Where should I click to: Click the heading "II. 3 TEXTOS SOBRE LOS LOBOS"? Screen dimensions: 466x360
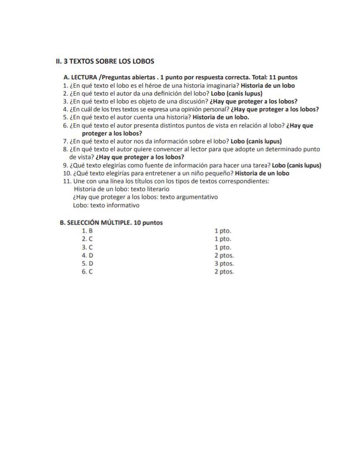click(105, 61)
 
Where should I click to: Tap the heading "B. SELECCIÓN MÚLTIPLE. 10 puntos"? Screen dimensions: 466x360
click(111, 223)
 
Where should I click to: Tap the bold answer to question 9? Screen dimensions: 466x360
click(296, 165)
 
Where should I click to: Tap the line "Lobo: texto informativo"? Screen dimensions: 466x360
click(106, 205)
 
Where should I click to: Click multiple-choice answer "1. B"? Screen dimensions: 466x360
click(87, 231)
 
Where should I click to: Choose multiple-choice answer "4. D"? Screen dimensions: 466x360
click(87, 255)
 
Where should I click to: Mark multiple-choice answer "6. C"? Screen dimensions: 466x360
click(87, 272)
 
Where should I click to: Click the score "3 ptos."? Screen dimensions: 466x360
click(224, 264)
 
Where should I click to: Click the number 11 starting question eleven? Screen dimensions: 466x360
click(66, 181)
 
